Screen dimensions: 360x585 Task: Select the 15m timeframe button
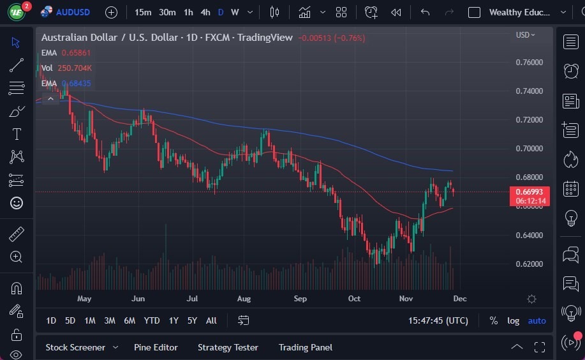[143, 12]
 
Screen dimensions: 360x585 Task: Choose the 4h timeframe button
[205, 12]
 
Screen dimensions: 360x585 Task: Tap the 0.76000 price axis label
[529, 62]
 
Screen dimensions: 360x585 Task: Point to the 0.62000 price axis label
[529, 264]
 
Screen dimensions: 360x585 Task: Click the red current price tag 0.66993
[529, 192]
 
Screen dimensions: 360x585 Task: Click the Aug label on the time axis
[244, 299]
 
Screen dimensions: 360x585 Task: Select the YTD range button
[152, 320]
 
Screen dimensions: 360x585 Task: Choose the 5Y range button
[192, 320]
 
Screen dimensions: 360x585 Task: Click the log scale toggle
[513, 320]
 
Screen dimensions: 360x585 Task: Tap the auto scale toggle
[537, 320]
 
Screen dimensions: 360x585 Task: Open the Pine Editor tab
[156, 347]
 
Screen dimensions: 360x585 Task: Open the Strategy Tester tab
[228, 347]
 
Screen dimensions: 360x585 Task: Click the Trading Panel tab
[305, 347]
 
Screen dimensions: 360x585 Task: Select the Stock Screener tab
[75, 347]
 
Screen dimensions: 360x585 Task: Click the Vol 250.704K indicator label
[66, 68]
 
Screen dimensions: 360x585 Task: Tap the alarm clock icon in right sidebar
[571, 71]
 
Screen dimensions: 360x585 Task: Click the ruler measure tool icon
[17, 234]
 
